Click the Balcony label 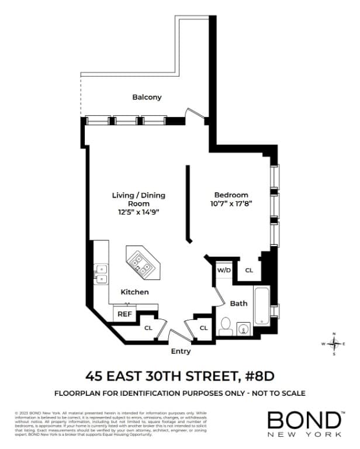147,97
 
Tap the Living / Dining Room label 139,199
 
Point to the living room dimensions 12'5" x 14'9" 139,212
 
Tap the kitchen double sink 101,273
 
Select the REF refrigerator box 124,314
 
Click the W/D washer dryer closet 224,271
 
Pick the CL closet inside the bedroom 248,271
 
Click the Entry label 181,351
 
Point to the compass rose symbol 334,343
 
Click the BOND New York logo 305,424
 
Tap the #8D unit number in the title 256,375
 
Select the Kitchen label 134,292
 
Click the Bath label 238,303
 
